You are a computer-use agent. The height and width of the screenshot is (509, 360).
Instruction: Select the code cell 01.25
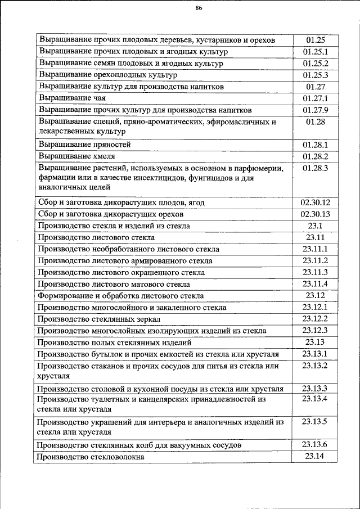(x=316, y=40)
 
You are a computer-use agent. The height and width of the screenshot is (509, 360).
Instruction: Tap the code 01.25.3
(x=316, y=75)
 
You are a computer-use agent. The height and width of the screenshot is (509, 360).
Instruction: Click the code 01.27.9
(x=316, y=110)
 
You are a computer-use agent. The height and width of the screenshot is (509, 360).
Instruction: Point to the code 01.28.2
(x=316, y=156)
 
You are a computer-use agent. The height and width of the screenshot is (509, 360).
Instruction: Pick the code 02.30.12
(x=316, y=202)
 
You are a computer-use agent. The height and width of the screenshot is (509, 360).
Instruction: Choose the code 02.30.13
(x=316, y=214)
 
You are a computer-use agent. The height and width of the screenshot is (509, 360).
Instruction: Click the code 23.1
(x=316, y=226)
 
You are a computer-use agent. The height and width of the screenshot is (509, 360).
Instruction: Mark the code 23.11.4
(x=316, y=284)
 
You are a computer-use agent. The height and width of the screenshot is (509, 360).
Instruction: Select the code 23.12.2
(x=316, y=319)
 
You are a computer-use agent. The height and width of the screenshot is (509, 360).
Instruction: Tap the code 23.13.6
(x=316, y=445)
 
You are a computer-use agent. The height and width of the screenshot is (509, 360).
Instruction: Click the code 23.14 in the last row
(x=316, y=456)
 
